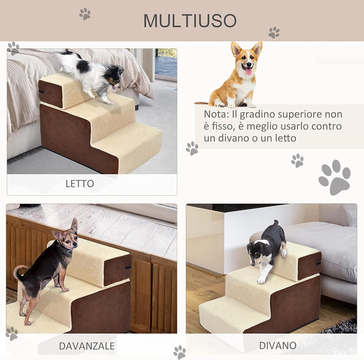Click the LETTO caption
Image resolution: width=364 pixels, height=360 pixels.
(x=80, y=183)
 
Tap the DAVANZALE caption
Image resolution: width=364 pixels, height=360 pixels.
(x=86, y=345)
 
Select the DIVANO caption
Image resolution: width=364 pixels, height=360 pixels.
(x=278, y=345)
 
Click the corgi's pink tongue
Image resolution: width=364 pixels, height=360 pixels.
(x=248, y=71)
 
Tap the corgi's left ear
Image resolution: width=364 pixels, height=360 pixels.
(x=237, y=49)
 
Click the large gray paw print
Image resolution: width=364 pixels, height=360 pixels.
(x=335, y=177)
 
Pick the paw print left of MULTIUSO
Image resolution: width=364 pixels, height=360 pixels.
(x=84, y=14)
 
